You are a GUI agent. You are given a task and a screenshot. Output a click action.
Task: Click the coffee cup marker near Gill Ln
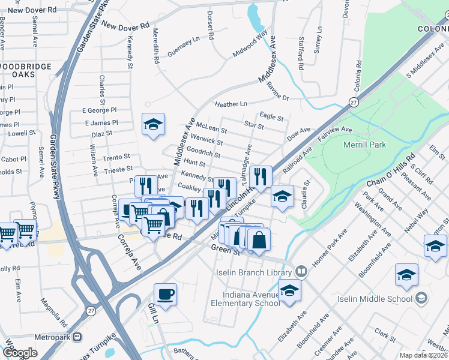(x=165, y=294)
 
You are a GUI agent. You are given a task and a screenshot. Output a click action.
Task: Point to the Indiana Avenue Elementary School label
(x=246, y=299)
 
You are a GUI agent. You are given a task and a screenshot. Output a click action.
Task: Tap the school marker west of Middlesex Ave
(x=153, y=124)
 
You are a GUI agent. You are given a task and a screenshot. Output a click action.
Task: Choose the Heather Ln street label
(x=231, y=104)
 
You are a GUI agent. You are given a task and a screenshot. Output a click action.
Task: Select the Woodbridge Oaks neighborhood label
(x=26, y=69)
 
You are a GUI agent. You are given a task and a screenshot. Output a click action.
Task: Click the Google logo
(x=20, y=353)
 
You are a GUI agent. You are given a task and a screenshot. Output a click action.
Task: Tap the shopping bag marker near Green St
(x=259, y=240)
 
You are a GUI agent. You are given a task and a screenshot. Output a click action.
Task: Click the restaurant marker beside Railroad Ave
(x=260, y=176)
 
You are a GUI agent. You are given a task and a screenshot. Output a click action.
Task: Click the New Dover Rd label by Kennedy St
(x=125, y=26)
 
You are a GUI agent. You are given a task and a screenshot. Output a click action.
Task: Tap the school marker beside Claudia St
(x=282, y=196)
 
